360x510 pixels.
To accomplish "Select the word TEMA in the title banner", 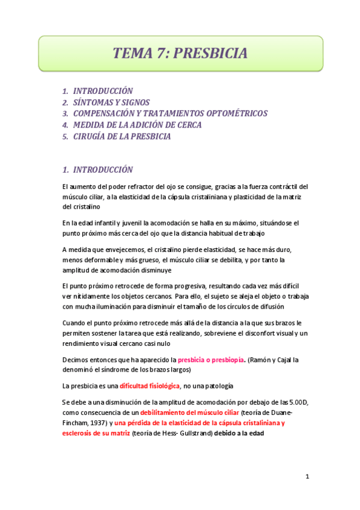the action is point(133,54).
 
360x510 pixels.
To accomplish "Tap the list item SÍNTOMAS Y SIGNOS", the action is point(111,102).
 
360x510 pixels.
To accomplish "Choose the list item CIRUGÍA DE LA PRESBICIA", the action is point(122,137).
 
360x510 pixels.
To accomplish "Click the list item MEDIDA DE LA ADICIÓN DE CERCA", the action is point(137,125).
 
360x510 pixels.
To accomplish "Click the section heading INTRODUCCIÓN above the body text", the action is point(103,170).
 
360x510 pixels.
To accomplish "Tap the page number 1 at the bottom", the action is point(307,477).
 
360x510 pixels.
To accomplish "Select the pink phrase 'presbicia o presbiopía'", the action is point(211,360).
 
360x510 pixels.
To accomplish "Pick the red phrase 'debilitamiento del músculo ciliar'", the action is point(189,414).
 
